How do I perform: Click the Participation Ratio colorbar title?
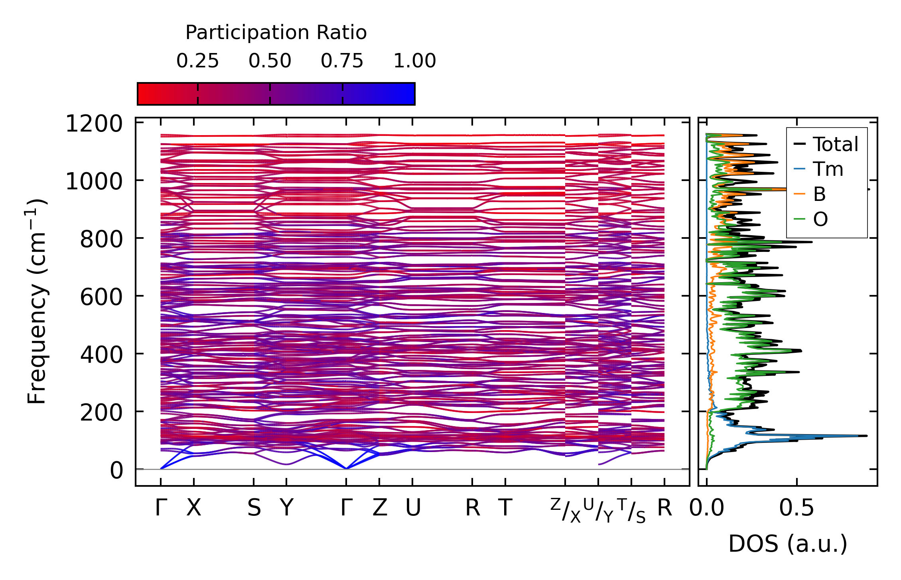point(276,33)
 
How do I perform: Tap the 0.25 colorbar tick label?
point(197,61)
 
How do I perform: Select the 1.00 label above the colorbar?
point(414,61)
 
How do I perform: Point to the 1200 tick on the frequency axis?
point(94,124)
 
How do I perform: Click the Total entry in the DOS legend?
point(835,144)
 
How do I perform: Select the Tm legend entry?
point(828,169)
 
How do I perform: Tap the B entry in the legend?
point(819,195)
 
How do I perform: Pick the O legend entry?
point(820,219)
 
